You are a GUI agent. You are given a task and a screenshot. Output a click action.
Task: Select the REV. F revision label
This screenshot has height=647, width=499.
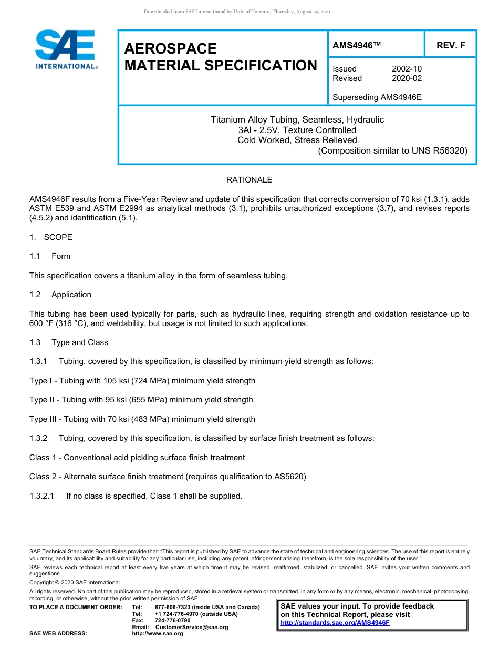click(451, 46)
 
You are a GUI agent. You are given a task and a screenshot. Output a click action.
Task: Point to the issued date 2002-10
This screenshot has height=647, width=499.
click(407, 69)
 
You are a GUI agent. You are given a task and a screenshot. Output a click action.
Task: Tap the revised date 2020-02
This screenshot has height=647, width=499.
click(407, 78)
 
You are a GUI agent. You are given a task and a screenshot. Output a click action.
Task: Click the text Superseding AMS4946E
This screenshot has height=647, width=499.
click(377, 97)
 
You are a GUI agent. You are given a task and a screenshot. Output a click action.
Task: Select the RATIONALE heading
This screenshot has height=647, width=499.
click(249, 180)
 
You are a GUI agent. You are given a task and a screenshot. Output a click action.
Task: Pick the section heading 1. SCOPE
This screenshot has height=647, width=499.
click(51, 237)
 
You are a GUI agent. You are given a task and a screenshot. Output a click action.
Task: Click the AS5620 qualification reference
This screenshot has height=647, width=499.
click(290, 477)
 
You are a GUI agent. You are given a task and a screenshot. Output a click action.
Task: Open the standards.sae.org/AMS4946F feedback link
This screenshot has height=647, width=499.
click(335, 623)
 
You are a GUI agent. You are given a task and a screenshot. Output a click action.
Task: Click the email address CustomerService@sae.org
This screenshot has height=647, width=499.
click(192, 628)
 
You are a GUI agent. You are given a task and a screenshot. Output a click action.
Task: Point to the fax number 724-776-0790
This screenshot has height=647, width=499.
click(172, 621)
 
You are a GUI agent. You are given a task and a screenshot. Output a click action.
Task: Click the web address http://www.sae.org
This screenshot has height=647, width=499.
click(158, 634)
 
